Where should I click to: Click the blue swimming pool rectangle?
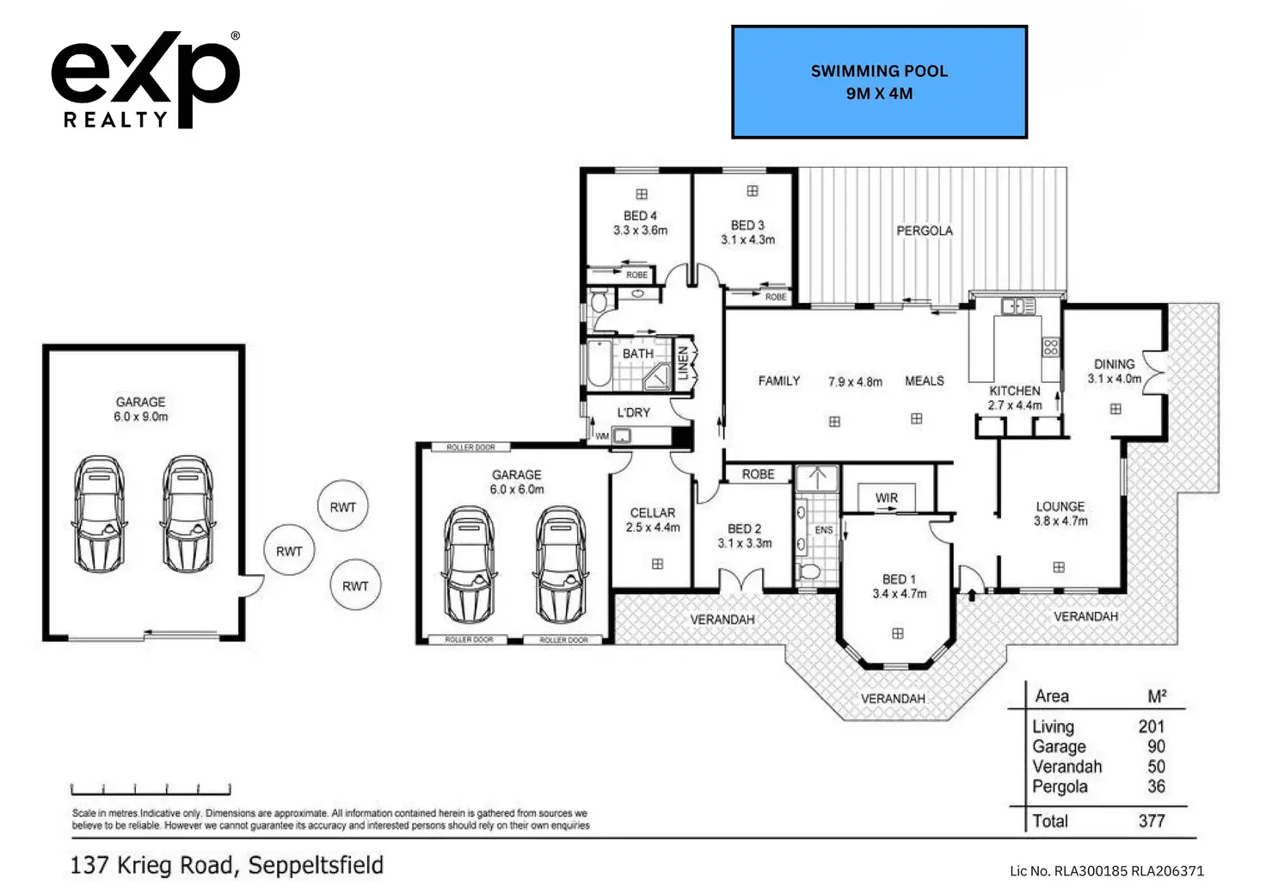pyautogui.click(x=879, y=82)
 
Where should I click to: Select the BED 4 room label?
pyautogui.click(x=640, y=216)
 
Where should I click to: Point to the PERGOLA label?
pyautogui.click(x=925, y=231)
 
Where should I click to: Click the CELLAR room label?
pyautogui.click(x=653, y=512)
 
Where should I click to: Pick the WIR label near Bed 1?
pyautogui.click(x=887, y=498)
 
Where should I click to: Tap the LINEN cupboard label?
pyautogui.click(x=684, y=363)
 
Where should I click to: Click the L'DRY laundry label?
pyautogui.click(x=634, y=412)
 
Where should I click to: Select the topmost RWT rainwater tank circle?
pyautogui.click(x=343, y=507)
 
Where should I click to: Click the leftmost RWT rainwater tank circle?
pyautogui.click(x=289, y=551)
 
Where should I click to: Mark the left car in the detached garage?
pyautogui.click(x=100, y=514)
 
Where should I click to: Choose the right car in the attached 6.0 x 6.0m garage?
pyautogui.click(x=562, y=564)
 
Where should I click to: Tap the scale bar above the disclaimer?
pyautogui.click(x=151, y=788)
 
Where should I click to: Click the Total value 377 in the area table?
pyautogui.click(x=1152, y=821)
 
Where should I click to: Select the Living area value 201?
pyautogui.click(x=1151, y=727)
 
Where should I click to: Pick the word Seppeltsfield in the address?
pyautogui.click(x=316, y=865)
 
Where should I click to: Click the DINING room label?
pyautogui.click(x=1114, y=364)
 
